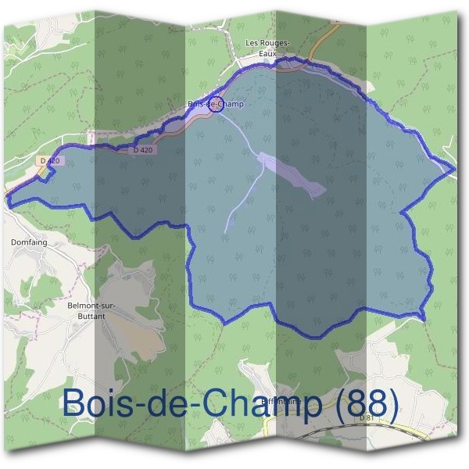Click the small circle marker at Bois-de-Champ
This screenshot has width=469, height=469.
click(217, 105)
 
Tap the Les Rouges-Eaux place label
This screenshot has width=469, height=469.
click(268, 48)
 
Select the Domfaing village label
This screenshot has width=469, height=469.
click(29, 242)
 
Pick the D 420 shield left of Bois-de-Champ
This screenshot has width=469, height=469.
click(143, 149)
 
